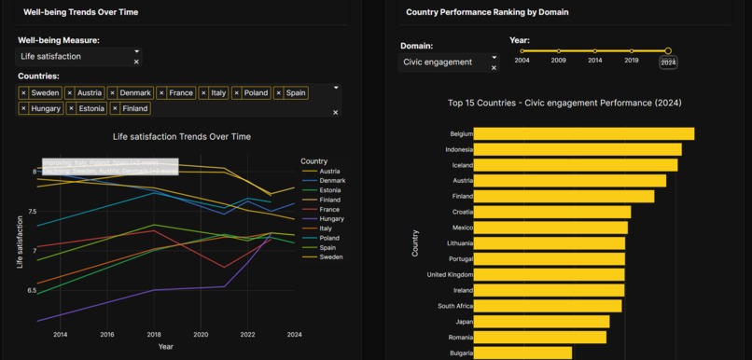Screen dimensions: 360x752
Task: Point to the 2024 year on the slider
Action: pyautogui.click(x=668, y=51)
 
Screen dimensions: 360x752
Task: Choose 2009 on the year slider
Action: pyautogui.click(x=558, y=51)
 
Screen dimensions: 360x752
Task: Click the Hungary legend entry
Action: pyautogui.click(x=332, y=218)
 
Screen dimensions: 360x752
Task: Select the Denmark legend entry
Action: pyautogui.click(x=332, y=180)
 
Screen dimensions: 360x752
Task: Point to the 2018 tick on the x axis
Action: pyautogui.click(x=154, y=334)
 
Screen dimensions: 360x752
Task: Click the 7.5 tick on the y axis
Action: pyautogui.click(x=32, y=212)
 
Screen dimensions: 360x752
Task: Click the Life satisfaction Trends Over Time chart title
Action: pyautogui.click(x=182, y=137)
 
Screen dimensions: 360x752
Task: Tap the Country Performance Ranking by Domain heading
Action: pyautogui.click(x=487, y=12)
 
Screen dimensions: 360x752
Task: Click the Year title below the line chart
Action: pyautogui.click(x=165, y=347)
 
